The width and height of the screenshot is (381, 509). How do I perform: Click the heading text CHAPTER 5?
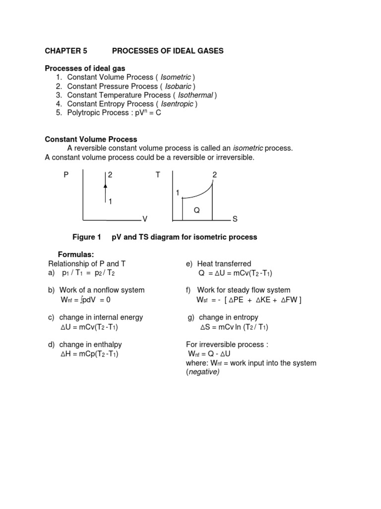(x=66, y=51)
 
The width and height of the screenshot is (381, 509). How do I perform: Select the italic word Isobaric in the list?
(x=177, y=86)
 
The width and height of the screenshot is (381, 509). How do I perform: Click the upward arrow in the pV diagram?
(x=105, y=185)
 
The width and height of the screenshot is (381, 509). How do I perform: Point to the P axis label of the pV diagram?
(x=66, y=175)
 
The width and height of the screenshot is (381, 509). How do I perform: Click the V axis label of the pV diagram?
(x=145, y=219)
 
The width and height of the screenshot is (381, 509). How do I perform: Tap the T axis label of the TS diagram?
(x=157, y=175)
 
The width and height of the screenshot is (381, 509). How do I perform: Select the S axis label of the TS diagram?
(x=235, y=219)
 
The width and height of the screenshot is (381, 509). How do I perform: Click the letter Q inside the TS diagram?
(x=196, y=210)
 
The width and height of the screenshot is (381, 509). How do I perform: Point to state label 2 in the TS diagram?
(x=215, y=175)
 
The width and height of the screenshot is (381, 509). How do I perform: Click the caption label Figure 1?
(x=87, y=237)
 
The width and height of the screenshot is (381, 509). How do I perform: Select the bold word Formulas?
(x=76, y=255)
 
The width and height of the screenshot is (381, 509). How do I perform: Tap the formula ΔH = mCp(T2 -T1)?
(x=89, y=354)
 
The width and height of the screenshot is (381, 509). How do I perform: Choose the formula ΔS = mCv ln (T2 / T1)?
(x=234, y=327)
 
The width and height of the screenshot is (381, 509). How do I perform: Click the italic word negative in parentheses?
(x=202, y=372)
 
